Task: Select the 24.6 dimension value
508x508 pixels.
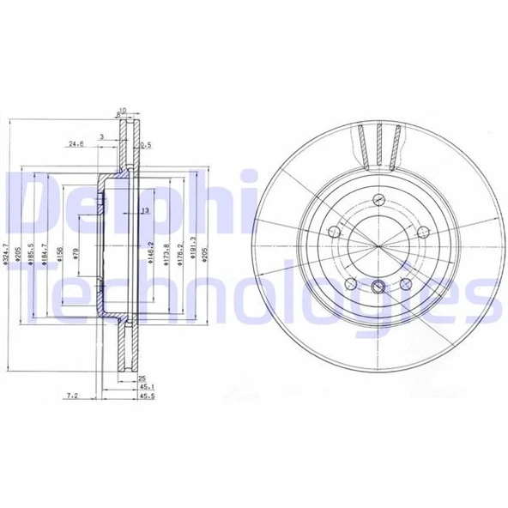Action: tap(75, 144)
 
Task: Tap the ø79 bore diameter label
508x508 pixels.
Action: tap(76, 255)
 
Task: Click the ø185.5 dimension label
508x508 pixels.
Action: tap(30, 255)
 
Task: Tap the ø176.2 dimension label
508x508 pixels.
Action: tap(178, 255)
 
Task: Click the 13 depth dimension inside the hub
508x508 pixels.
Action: tap(144, 210)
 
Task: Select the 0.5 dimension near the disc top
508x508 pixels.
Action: tap(145, 144)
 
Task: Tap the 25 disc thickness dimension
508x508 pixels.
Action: tap(142, 378)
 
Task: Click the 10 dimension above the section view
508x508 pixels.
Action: tap(123, 109)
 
